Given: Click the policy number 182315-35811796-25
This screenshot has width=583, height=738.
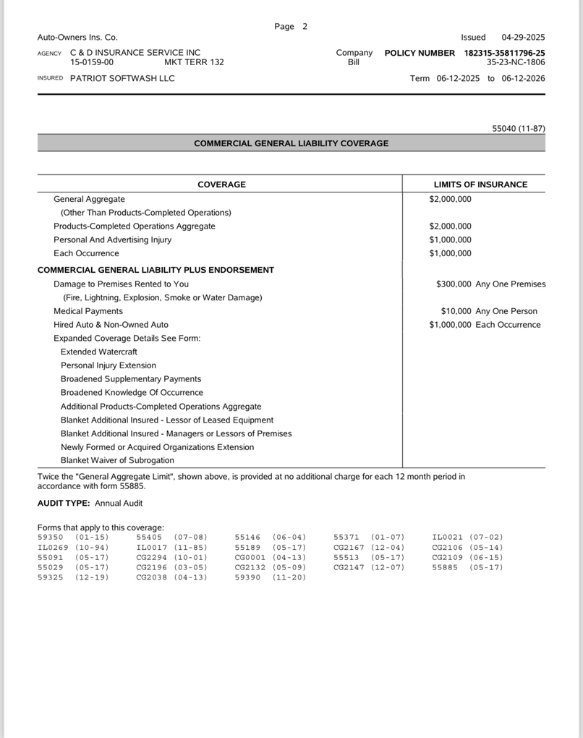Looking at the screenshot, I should pos(504,53).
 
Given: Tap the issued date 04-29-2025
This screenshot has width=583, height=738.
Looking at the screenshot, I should pos(523,37).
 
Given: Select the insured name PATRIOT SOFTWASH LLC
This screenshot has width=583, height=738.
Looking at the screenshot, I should pos(122,78).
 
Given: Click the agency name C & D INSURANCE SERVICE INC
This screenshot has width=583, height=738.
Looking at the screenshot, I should pos(135,53).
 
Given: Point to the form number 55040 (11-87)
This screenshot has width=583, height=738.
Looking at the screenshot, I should pos(519,128).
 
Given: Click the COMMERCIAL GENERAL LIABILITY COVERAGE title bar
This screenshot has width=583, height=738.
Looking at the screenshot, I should pos(291,143).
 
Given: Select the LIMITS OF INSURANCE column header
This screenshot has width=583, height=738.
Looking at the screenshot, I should pos(480,184).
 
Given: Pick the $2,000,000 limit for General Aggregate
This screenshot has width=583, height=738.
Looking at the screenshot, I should pos(450,199).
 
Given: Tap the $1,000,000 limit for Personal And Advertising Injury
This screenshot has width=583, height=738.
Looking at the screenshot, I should pos(450,239).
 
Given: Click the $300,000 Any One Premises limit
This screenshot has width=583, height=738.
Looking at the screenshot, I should pos(490,284).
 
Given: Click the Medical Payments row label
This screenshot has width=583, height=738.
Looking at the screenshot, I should pos(88,311).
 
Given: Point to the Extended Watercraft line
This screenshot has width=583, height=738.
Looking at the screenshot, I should pos(99,352).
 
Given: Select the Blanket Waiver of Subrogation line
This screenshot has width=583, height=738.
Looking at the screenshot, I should pos(117,460).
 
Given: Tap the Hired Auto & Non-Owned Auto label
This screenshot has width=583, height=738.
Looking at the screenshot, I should pos(111,325).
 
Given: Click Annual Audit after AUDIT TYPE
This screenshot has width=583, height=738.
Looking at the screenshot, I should pos(119,503).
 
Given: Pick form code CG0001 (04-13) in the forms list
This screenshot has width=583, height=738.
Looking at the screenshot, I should pos(271,557).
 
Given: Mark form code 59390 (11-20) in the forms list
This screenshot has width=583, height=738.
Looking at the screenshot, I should pos(271,577).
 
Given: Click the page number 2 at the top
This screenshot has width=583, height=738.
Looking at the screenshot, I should pos(305,27).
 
